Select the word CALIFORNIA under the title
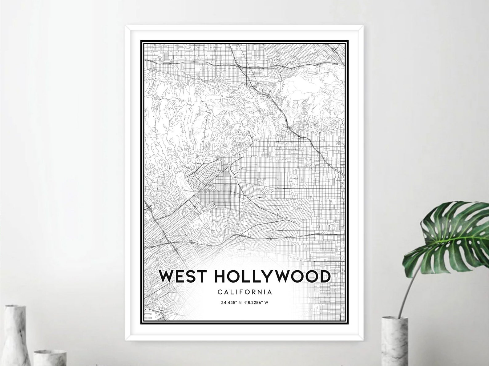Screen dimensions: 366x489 244,292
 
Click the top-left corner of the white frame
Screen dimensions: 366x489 126,27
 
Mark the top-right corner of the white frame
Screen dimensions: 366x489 362,27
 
